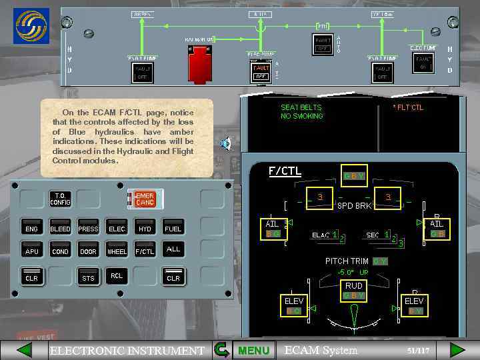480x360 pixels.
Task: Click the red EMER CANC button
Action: pos(145,199)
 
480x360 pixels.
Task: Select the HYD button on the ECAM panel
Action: pos(145,229)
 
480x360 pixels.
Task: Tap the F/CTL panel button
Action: pos(145,251)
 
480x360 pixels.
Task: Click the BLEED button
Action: pos(60,229)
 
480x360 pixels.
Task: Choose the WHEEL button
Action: pos(117,251)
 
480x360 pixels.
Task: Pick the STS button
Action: pos(88,277)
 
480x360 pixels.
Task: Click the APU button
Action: pos(31,251)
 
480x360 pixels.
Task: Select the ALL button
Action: pos(173,249)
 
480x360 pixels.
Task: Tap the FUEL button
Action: pos(173,229)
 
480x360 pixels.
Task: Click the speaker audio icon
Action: pos(226,142)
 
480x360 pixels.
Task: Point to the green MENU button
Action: pos(253,350)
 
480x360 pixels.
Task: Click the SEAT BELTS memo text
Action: pos(301,107)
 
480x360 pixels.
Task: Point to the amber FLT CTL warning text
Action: pos(408,107)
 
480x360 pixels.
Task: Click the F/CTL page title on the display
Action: pos(285,171)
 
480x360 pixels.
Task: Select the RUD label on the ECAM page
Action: pos(353,286)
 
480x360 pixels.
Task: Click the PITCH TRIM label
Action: pos(347,261)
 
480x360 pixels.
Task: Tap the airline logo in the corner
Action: pos(32,26)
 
